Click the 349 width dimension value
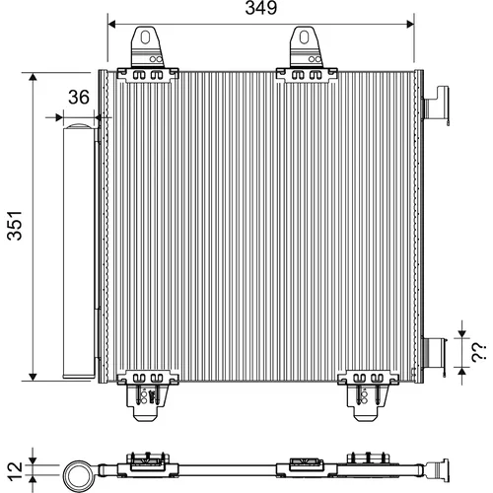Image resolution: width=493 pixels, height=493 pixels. [x=261, y=8]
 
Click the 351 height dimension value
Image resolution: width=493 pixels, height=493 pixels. [x=16, y=226]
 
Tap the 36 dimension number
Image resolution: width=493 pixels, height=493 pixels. [x=79, y=97]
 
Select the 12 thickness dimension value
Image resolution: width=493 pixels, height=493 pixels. [x=15, y=471]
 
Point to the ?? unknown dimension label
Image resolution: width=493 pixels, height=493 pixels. [x=478, y=353]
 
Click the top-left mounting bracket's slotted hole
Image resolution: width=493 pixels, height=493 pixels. [x=145, y=37]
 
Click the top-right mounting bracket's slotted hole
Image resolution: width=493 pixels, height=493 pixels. [x=304, y=37]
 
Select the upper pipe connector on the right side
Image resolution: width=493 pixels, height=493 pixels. [x=436, y=105]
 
